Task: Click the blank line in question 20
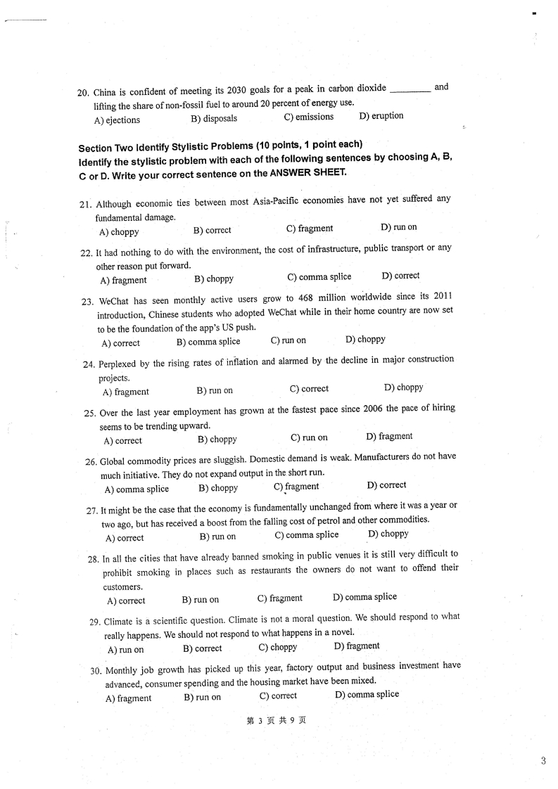point(410,91)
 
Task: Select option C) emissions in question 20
point(309,117)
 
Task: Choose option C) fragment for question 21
point(310,229)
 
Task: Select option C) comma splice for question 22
point(319,277)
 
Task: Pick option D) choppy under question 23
point(365,340)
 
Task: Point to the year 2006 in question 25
point(372,409)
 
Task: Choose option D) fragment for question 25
point(389,437)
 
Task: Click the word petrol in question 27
point(328,520)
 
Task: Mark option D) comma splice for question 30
point(367,695)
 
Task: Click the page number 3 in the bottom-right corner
point(543,759)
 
